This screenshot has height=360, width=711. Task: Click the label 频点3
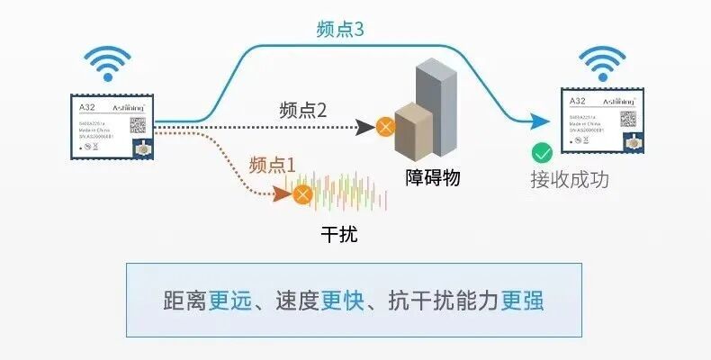pyautogui.click(x=339, y=29)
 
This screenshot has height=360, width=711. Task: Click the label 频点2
pyautogui.click(x=302, y=111)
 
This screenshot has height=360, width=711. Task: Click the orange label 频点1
pyautogui.click(x=272, y=165)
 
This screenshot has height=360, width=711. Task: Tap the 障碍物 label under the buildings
pyautogui.click(x=433, y=177)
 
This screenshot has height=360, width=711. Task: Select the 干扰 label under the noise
pyautogui.click(x=339, y=236)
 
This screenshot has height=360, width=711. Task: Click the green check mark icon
pyautogui.click(x=542, y=152)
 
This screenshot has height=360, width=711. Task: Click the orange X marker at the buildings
pyautogui.click(x=385, y=126)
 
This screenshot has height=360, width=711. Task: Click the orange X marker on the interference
pyautogui.click(x=304, y=193)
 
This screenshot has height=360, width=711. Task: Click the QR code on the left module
pyautogui.click(x=138, y=125)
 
